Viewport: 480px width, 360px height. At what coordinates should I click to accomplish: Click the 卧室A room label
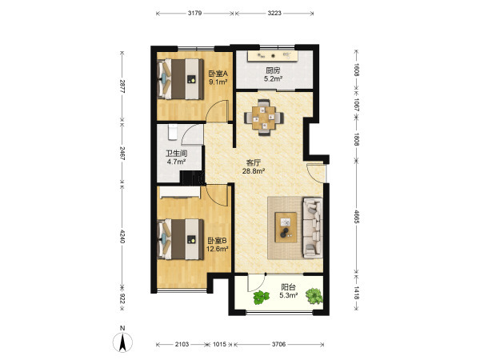point(218,74)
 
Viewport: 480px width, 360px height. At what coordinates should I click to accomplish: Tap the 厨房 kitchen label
point(273,70)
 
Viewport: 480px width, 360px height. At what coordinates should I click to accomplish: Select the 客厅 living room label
point(254,162)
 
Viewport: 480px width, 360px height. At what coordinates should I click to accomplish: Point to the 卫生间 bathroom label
point(176,153)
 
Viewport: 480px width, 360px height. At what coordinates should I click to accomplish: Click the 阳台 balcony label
point(288,287)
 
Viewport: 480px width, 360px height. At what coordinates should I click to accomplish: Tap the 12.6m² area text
point(218,249)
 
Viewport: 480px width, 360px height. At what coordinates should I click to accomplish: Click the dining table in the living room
point(263,118)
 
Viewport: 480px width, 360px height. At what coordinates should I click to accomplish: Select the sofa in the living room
point(313,227)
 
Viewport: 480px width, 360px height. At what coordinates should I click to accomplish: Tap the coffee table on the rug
point(286,227)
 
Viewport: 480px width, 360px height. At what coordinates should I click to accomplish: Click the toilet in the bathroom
point(173,132)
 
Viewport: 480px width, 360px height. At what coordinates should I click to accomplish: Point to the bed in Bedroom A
point(180,79)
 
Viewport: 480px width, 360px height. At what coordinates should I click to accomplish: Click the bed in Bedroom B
point(180,239)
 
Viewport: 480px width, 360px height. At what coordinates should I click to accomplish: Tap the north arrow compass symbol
point(122,341)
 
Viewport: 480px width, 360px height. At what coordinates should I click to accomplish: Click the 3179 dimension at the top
point(194,13)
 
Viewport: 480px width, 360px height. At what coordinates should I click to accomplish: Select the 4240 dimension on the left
point(122,236)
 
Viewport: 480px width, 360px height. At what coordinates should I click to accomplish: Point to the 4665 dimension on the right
point(356,216)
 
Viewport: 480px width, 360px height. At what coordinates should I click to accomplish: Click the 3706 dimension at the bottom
point(278,344)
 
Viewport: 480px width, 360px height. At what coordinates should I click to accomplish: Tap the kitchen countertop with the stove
point(273,56)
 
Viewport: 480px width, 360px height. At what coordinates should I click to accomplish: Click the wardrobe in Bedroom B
point(180,193)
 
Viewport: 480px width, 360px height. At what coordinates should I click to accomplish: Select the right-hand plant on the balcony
point(314,296)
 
